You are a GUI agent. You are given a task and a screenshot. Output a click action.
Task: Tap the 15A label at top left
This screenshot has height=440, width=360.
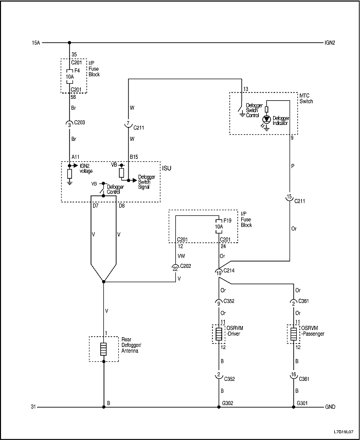35,43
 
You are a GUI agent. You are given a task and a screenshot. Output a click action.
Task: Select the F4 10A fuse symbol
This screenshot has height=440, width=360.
69,77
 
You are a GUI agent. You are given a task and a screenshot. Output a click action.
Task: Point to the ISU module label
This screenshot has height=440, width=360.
166,168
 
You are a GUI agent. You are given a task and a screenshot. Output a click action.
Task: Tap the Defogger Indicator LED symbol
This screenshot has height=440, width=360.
266,119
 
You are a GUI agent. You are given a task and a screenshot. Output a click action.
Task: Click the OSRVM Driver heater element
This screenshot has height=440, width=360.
220,334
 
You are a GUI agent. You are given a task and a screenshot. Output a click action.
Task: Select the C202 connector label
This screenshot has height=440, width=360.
185,266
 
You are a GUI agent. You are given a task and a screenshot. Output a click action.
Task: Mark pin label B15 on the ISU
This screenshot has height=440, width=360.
134,156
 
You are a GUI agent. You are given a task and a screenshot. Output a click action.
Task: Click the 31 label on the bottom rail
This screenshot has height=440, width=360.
34,407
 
